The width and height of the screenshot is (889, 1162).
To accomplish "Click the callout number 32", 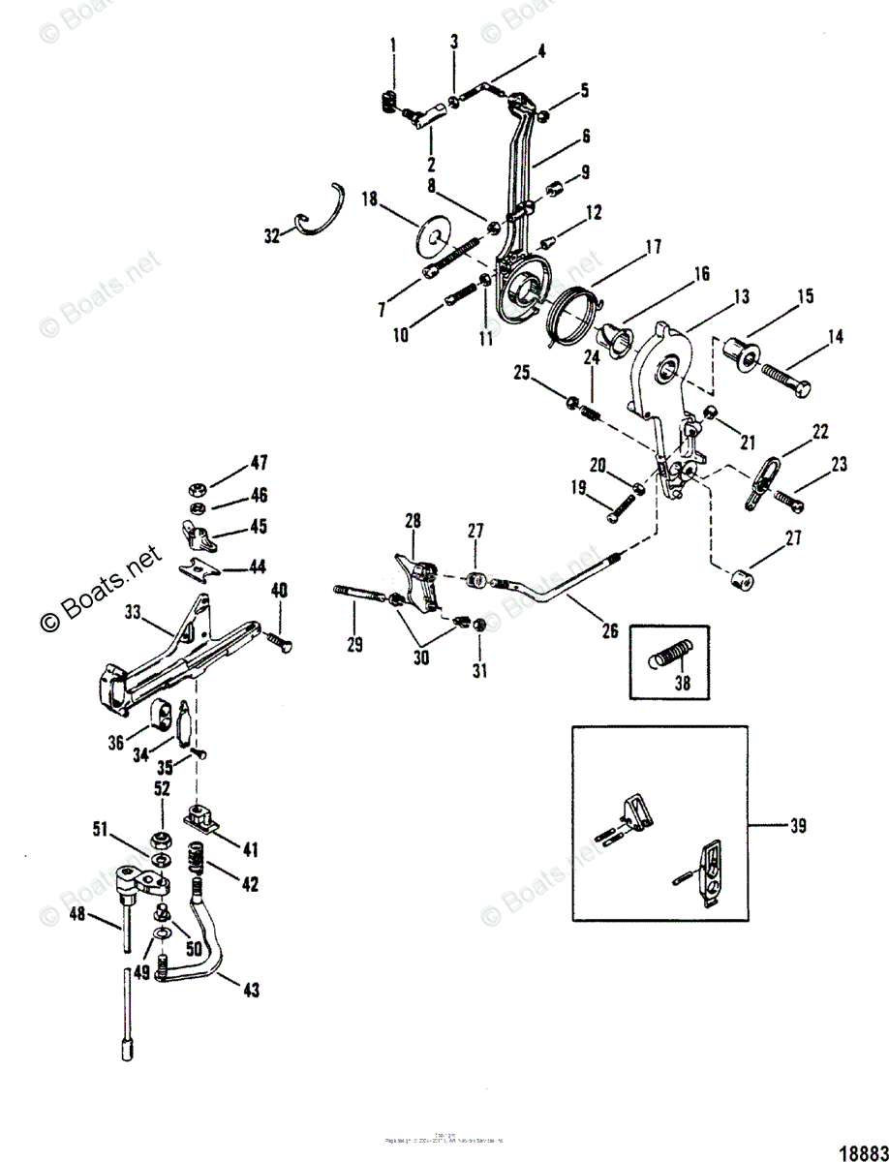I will tap(271, 234).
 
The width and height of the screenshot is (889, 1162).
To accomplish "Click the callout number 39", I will tap(798, 826).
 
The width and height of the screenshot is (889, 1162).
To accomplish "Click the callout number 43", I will tap(251, 991).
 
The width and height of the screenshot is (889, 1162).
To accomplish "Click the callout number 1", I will tap(393, 44).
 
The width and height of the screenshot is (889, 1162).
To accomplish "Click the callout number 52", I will tap(161, 788).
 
